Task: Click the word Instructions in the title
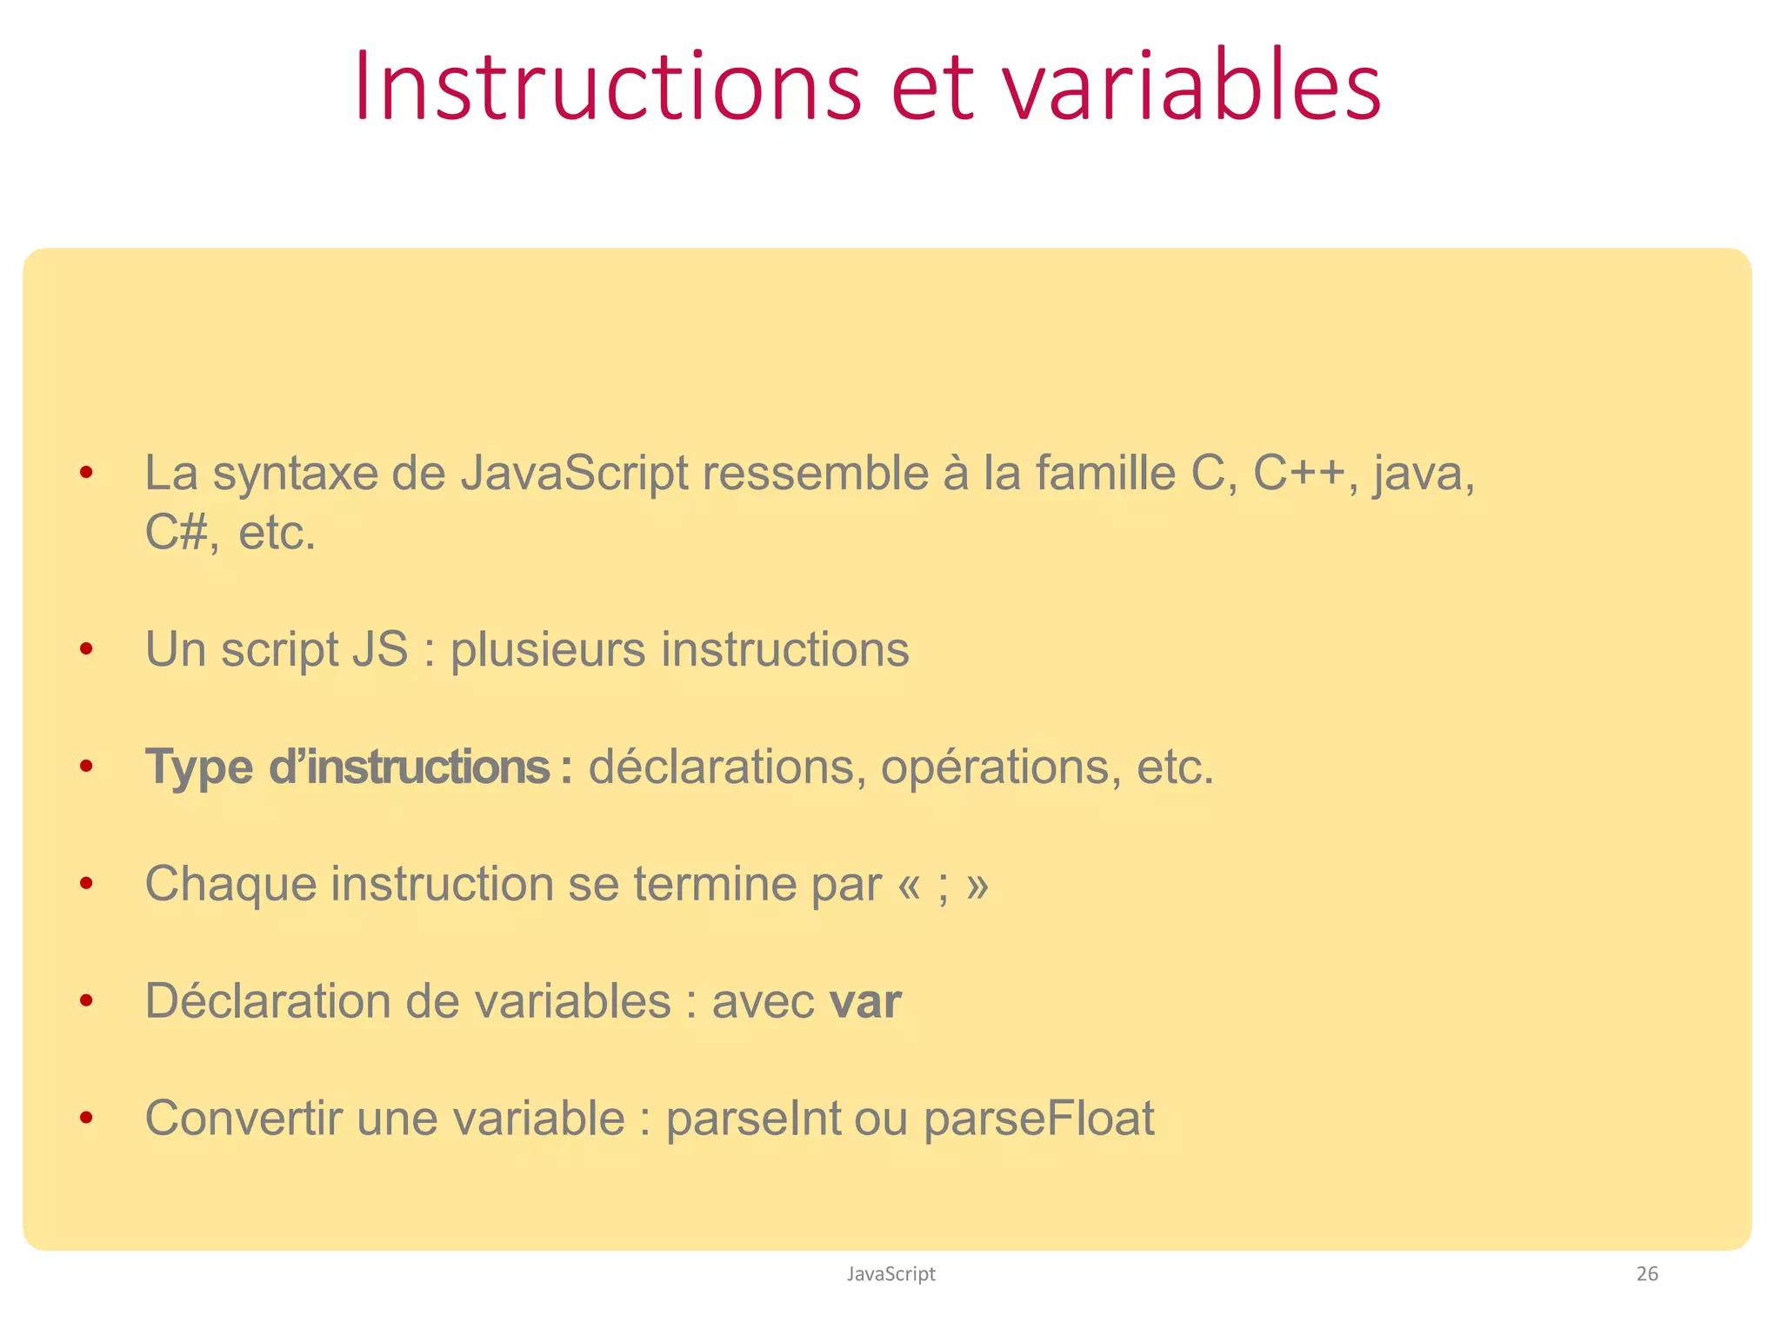[607, 87]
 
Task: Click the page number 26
[1647, 1274]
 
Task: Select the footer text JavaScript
[890, 1274]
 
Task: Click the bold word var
[865, 1002]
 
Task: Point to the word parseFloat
[1038, 1119]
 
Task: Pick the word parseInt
[753, 1119]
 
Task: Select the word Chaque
[230, 885]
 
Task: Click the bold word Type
[199, 768]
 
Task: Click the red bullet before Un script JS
[85, 649]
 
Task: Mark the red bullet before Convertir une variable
[85, 1118]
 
